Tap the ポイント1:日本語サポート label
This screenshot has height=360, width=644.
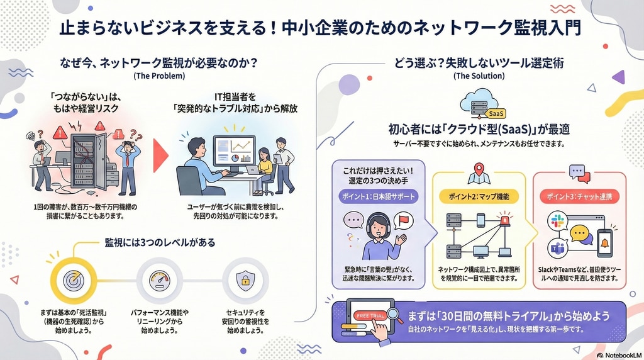click(x=379, y=196)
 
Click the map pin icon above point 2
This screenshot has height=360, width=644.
click(x=479, y=172)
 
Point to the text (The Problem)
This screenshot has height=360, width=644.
click(x=159, y=76)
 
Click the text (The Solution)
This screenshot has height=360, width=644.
click(x=479, y=76)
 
